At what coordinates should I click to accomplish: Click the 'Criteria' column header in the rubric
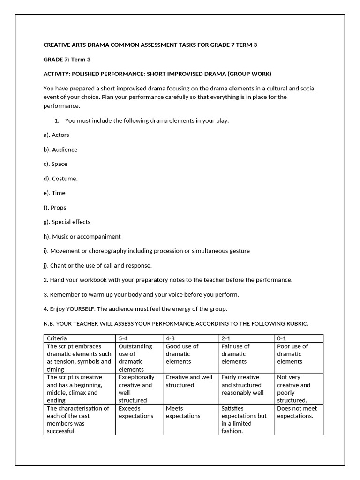coord(57,338)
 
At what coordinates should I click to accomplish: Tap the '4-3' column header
coord(172,338)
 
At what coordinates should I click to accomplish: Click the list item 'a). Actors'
coord(56,135)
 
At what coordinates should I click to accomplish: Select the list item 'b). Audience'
coord(60,150)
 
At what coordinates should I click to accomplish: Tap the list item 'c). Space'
coord(55,164)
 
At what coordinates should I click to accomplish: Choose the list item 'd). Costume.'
coord(60,179)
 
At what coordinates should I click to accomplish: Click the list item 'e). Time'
coord(54,193)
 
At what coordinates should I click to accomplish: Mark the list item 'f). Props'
coord(55,208)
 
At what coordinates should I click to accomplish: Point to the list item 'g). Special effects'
coord(67,222)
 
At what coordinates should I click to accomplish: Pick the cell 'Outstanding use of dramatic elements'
coord(136,358)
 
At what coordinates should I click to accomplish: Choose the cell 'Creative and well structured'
coord(189,381)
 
